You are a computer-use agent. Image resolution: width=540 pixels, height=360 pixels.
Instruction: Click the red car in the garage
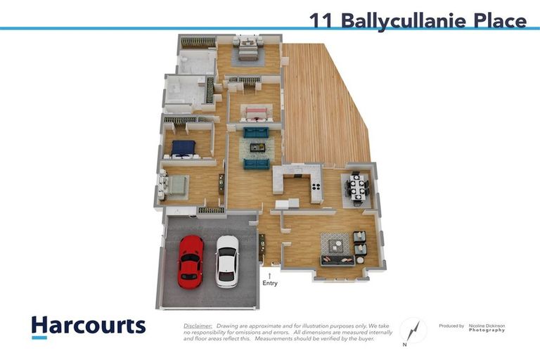(191, 260)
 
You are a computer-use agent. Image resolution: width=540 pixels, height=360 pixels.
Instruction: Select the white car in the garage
(227, 260)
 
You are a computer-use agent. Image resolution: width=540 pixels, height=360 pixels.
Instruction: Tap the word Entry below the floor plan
(270, 284)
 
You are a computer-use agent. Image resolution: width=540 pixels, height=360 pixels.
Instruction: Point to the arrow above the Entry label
(270, 275)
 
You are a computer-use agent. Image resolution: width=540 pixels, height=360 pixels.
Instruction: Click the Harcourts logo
(88, 326)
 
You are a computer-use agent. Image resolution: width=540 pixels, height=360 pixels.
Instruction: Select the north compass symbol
(413, 330)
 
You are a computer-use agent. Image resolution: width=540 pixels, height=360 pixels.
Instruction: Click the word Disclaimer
(198, 326)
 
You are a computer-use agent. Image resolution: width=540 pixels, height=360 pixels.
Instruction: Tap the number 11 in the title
(322, 20)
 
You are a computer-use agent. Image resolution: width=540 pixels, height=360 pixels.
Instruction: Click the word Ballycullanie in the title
(404, 20)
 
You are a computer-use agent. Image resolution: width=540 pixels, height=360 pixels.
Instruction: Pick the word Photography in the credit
(487, 330)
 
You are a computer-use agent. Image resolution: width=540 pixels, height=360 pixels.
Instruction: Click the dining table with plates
(357, 188)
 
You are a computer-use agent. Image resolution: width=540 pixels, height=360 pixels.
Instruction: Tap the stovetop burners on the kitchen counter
(315, 187)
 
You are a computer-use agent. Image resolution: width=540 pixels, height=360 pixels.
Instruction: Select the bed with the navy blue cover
(183, 148)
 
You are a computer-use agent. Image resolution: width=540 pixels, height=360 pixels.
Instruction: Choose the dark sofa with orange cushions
(338, 260)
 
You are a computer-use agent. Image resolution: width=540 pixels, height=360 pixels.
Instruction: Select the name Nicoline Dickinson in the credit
(487, 326)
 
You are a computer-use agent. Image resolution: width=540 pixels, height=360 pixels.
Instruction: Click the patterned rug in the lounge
(335, 244)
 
